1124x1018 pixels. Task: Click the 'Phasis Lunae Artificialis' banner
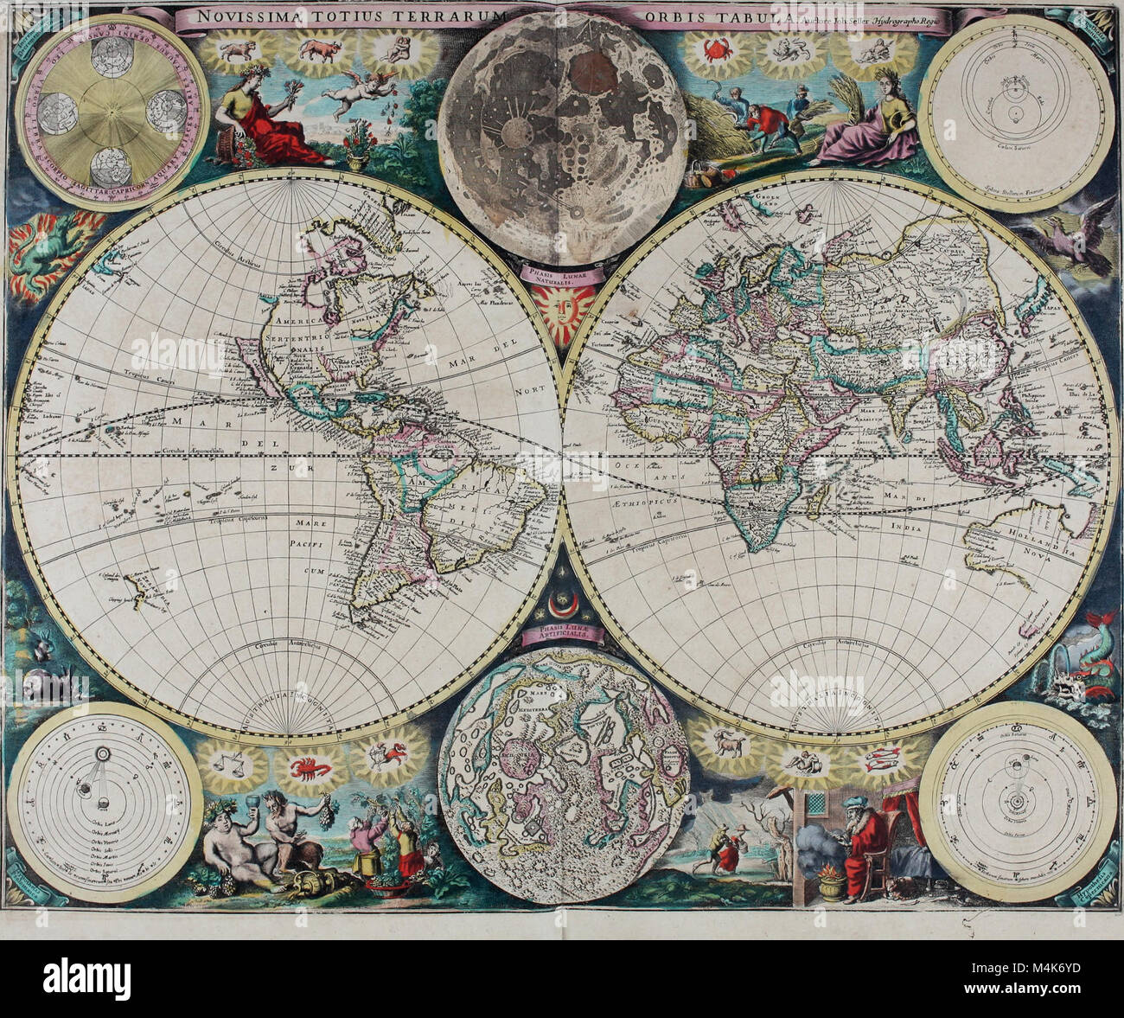pyautogui.click(x=563, y=636)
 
